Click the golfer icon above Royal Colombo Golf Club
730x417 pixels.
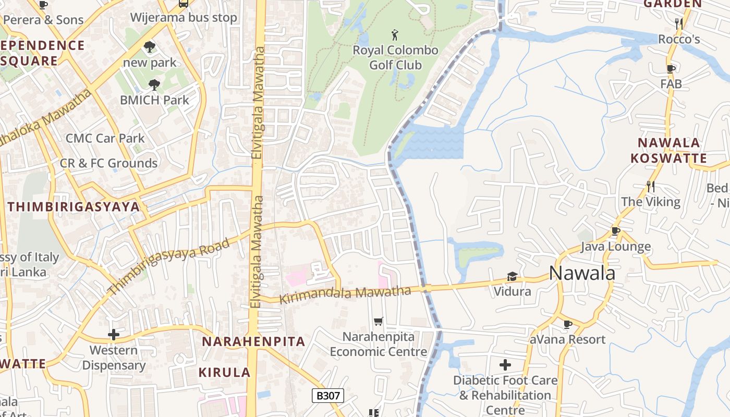click(x=395, y=35)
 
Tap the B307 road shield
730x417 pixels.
click(x=328, y=396)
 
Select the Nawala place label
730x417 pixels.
click(x=582, y=273)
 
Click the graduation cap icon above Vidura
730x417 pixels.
click(x=512, y=276)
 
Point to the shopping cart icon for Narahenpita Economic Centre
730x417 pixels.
click(x=379, y=322)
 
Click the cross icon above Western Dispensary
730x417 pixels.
click(x=113, y=335)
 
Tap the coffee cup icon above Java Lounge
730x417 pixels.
click(x=616, y=231)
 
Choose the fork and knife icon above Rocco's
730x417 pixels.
click(x=679, y=23)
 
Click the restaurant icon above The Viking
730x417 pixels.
click(x=650, y=186)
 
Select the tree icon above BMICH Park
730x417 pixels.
click(x=154, y=84)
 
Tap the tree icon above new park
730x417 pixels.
click(x=150, y=47)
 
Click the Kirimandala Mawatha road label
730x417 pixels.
click(x=346, y=295)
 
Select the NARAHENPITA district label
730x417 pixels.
click(x=253, y=342)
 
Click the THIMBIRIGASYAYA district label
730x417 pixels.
click(x=74, y=207)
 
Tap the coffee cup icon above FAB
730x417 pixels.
click(x=671, y=68)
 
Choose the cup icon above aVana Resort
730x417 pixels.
click(x=568, y=324)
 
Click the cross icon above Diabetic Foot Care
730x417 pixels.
click(x=505, y=365)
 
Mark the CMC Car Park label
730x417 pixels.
click(x=105, y=138)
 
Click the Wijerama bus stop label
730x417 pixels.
click(x=184, y=18)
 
